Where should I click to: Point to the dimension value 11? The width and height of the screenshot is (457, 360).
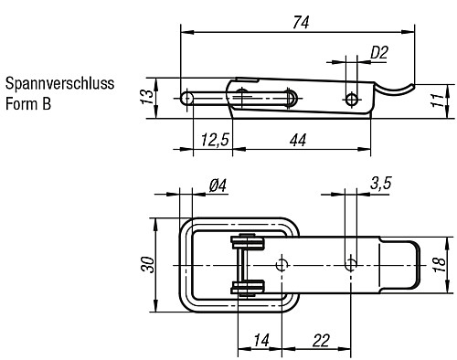(x=436, y=100)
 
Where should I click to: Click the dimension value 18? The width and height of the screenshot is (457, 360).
(x=438, y=264)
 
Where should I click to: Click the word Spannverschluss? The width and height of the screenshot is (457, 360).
(x=59, y=84)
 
